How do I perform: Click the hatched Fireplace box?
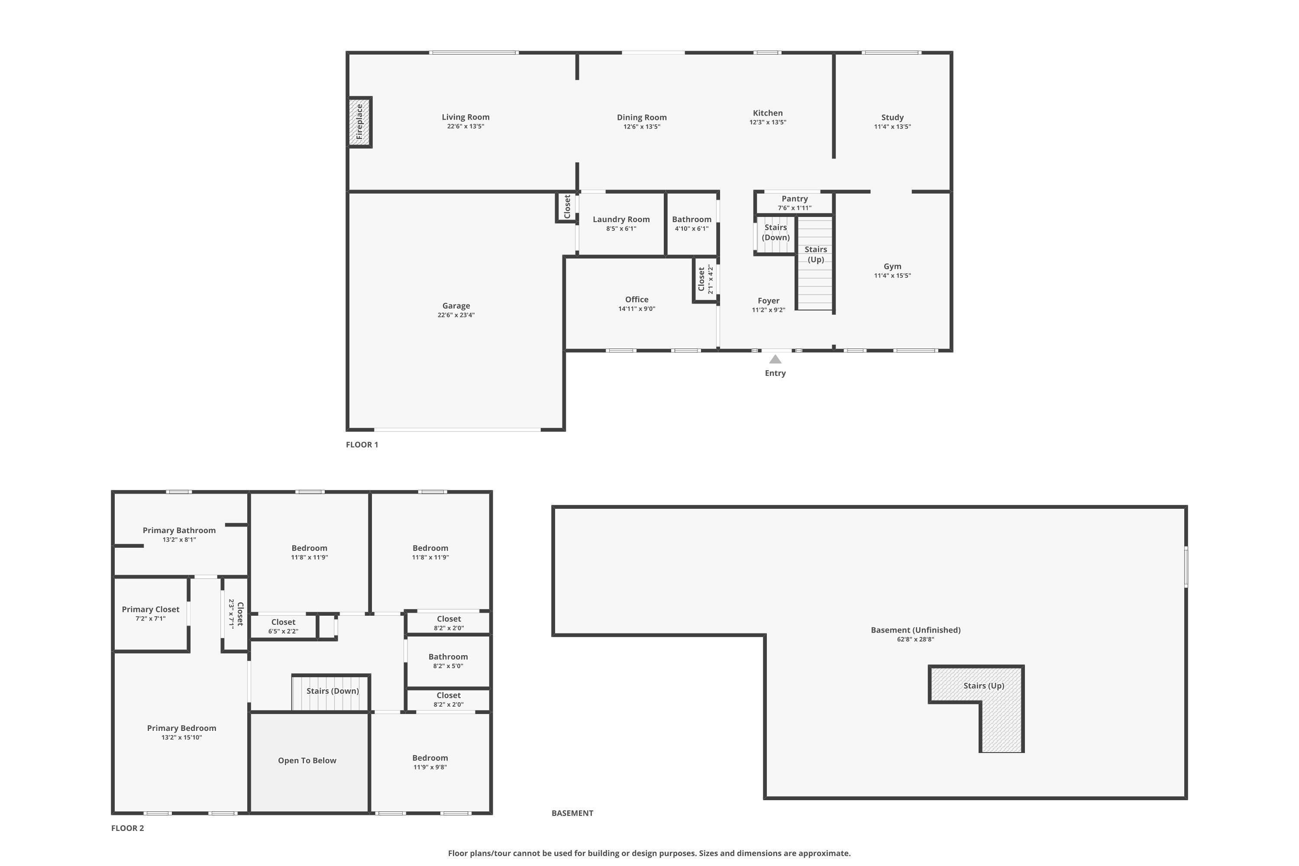pos(359,122)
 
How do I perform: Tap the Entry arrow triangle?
pos(776,359)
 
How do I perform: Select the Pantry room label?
pos(794,199)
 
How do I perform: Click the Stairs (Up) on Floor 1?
pos(815,263)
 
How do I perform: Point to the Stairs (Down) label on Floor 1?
pos(776,233)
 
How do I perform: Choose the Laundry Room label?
pos(621,219)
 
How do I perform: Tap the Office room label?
pos(636,299)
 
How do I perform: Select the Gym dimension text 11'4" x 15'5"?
pos(892,275)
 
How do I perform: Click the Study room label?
pos(892,117)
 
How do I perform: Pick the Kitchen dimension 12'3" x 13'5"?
pos(767,123)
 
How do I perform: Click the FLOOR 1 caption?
pos(362,445)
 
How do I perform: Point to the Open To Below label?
pos(307,760)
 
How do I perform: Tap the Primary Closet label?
pos(150,609)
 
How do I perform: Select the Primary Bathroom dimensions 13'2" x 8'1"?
pos(179,540)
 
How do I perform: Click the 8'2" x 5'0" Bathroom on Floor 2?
pos(448,661)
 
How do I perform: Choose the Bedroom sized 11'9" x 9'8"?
pos(430,762)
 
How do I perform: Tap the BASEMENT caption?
pos(572,813)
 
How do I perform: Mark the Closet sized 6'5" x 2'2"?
pos(283,626)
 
